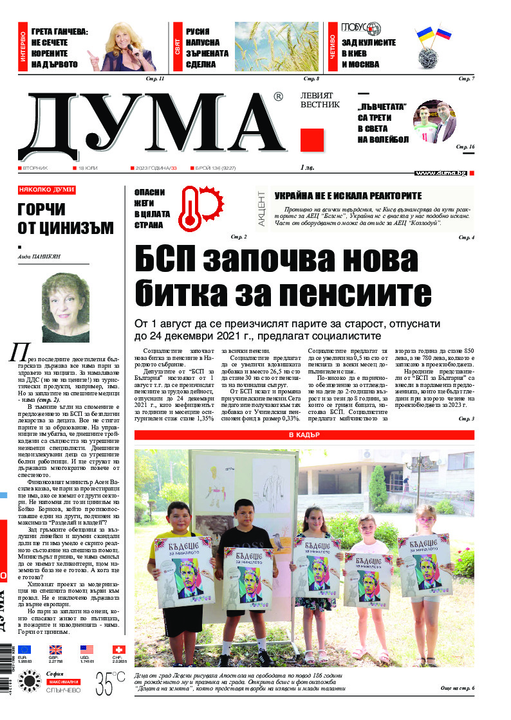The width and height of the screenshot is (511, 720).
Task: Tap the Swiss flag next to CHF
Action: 118,650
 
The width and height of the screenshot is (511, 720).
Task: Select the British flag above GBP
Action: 55,650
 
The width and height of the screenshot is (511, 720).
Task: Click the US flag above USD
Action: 87,650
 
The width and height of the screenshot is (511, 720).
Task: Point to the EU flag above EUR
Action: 24,650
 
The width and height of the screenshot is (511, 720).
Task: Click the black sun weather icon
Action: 29,679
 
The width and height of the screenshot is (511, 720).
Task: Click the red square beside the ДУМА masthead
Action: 311,139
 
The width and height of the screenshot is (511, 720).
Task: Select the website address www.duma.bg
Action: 440,173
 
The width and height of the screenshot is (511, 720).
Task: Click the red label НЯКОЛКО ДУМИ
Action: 47,190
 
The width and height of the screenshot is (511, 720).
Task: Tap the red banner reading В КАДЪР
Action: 304,435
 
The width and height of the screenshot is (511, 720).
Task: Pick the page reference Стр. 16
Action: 465,147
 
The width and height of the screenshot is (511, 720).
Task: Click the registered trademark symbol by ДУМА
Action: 277,97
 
